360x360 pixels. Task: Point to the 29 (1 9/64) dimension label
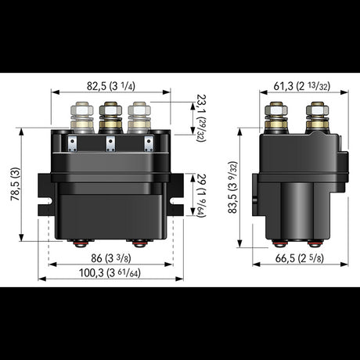[198, 191]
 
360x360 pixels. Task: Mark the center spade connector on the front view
[109, 142]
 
